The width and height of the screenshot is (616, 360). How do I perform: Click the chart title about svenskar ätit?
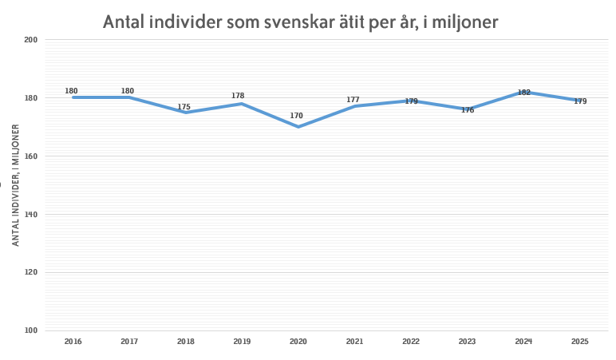[300, 22]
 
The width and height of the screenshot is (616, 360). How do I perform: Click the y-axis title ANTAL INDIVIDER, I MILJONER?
[15, 184]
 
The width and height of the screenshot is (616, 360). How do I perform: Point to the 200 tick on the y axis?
[32, 40]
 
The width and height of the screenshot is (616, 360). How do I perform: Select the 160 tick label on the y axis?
[32, 156]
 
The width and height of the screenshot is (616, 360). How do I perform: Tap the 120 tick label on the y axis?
[32, 272]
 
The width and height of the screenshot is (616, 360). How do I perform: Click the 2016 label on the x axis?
[73, 342]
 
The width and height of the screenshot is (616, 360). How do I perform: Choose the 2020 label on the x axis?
[298, 342]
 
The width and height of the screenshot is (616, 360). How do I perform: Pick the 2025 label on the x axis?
[580, 342]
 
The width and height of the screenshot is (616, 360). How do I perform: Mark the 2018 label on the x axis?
[185, 342]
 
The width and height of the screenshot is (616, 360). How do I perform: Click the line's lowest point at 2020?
[298, 126]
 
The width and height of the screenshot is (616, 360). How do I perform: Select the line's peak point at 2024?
[523, 92]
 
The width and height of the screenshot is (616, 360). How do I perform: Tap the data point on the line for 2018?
[185, 113]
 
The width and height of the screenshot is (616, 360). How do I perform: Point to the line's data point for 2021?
[354, 106]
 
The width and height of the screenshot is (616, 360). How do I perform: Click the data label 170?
[297, 116]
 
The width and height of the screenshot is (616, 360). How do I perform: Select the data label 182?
[524, 93]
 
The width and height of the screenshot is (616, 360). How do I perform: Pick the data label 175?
[184, 106]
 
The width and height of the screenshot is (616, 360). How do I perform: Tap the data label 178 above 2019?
[238, 96]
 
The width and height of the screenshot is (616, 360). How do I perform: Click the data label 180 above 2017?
[128, 91]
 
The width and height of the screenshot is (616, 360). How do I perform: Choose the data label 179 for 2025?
[580, 101]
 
